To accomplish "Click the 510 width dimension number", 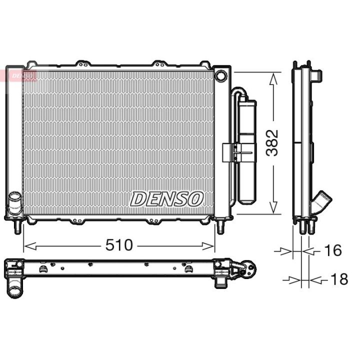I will [x=118, y=245].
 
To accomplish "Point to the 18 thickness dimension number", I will [x=338, y=279].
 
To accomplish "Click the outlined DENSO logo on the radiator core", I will [x=166, y=198].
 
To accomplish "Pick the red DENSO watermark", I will [x=22, y=75].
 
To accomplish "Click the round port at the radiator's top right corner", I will [x=220, y=76].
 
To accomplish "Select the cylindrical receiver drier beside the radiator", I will [x=246, y=150].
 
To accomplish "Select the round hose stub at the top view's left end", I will [x=15, y=288].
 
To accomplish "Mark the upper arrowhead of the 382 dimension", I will [x=273, y=78].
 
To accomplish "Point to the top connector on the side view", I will [x=315, y=73].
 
